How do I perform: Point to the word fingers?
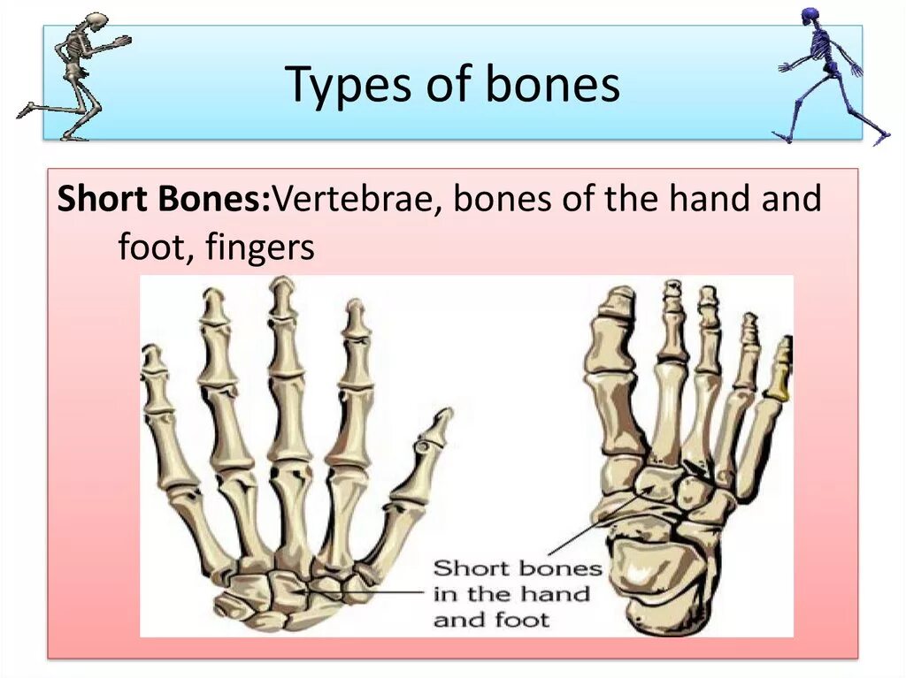click(259, 247)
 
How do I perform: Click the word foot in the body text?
click(147, 247)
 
